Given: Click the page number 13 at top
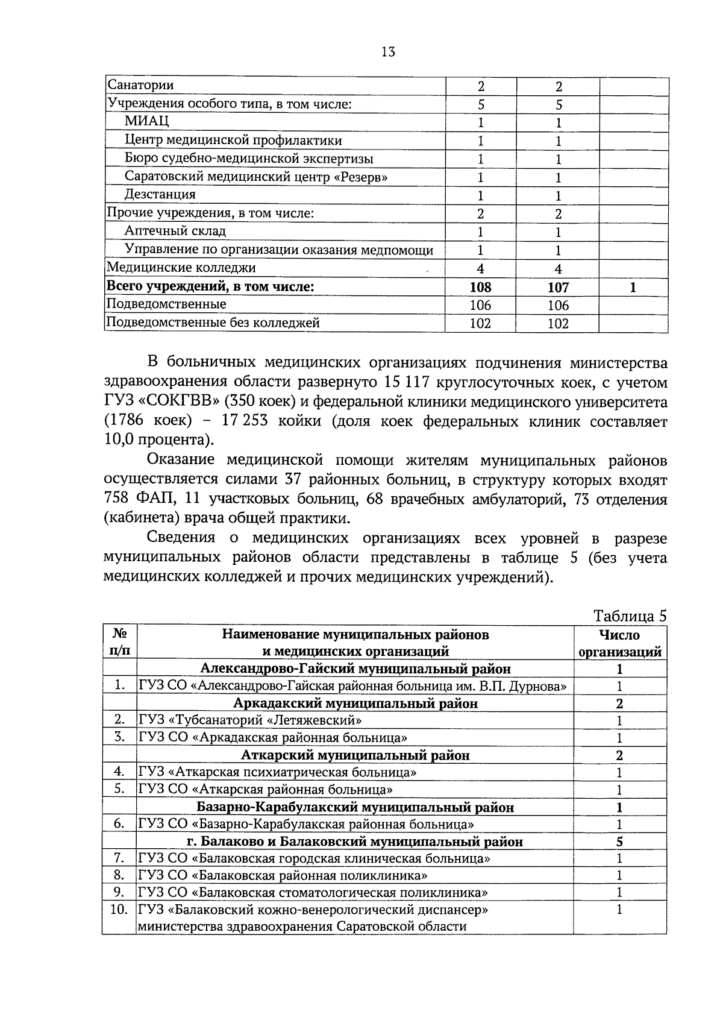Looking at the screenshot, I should [388, 52].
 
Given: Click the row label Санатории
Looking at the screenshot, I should [140, 86].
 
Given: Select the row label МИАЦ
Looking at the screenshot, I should [147, 121].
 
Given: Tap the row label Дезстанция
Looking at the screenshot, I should [160, 194].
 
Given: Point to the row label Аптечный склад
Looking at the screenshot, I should [175, 231].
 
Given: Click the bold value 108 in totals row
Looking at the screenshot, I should [480, 288].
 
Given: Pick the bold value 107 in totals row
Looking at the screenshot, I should [558, 288].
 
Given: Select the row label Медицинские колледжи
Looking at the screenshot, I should [181, 268].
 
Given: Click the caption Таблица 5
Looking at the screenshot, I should [630, 616].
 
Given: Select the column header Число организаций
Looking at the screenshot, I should [619, 643].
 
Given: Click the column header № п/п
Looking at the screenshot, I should [119, 643].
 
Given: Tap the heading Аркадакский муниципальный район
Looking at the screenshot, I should [355, 704].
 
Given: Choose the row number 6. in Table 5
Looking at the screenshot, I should [119, 823].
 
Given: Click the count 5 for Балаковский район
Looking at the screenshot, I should [619, 842].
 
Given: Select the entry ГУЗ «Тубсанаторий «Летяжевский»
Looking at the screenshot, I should [250, 720].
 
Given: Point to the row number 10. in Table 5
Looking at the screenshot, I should [119, 910].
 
